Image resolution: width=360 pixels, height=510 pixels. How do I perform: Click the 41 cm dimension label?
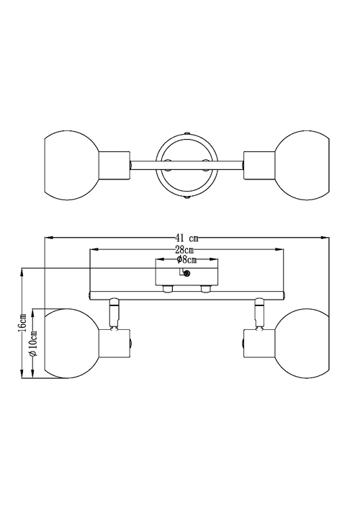[x=186, y=238]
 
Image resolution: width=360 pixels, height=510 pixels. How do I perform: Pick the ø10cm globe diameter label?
[x=32, y=346]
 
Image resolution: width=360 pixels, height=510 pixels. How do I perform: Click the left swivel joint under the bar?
[x=113, y=310]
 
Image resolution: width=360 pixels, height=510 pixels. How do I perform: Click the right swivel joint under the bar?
[x=258, y=310]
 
